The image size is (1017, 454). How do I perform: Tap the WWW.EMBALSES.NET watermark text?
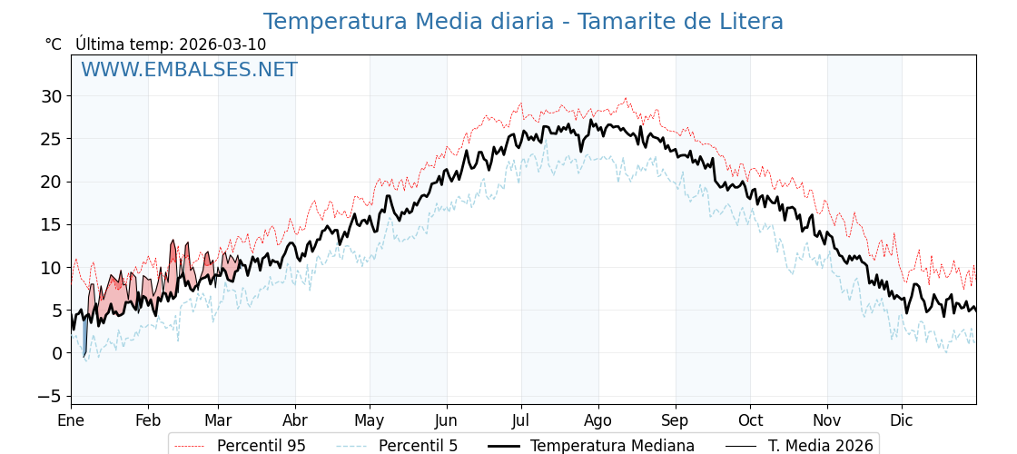click(x=189, y=70)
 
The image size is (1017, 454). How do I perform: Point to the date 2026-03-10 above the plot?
click(x=222, y=44)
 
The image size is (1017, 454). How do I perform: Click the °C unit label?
click(x=54, y=44)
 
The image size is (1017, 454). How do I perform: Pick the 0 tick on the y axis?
click(x=56, y=353)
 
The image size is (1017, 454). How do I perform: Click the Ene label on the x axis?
click(x=71, y=421)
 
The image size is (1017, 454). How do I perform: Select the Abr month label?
click(x=295, y=421)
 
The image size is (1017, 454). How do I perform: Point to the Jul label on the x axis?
click(x=521, y=421)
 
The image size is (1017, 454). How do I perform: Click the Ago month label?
click(x=598, y=421)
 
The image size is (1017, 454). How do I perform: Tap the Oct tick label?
click(x=750, y=421)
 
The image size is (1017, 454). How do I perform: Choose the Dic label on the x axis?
click(x=902, y=421)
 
